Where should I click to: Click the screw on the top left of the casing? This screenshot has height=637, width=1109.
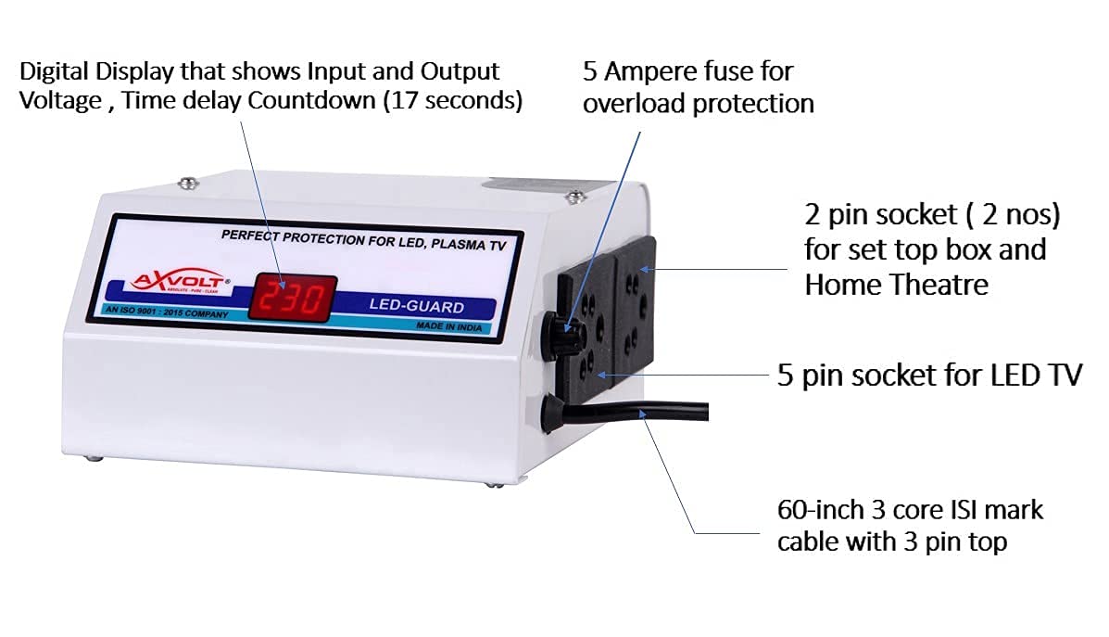coord(189,183)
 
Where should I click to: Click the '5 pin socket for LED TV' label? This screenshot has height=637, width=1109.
coord(928,376)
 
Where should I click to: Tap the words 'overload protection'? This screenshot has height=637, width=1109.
coord(698,103)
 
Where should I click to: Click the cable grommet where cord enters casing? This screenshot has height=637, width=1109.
coord(549,414)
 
